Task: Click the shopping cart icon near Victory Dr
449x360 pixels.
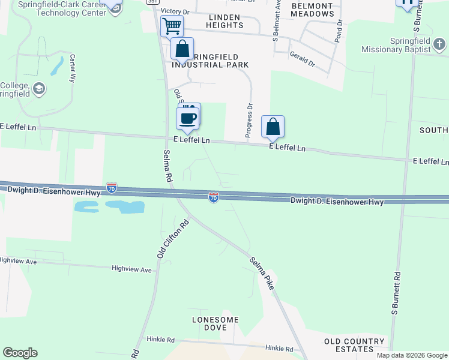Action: click(x=172, y=26)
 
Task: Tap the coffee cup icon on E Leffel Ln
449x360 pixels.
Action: click(x=188, y=118)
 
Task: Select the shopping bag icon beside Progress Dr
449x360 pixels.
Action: click(x=273, y=127)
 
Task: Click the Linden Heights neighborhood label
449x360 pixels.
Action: click(x=225, y=21)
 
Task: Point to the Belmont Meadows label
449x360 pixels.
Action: click(x=312, y=10)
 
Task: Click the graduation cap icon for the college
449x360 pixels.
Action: click(x=39, y=89)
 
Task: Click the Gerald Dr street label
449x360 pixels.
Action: click(x=302, y=59)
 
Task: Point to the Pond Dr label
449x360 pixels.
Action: click(x=339, y=31)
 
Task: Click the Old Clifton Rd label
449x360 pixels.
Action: click(x=173, y=239)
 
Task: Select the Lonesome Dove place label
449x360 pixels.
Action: click(x=215, y=323)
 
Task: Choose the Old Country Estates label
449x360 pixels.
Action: click(x=354, y=345)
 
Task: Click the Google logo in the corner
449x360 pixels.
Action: click(x=20, y=353)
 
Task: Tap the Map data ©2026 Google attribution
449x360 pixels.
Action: click(x=411, y=355)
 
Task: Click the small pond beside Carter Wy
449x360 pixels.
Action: click(x=56, y=65)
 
